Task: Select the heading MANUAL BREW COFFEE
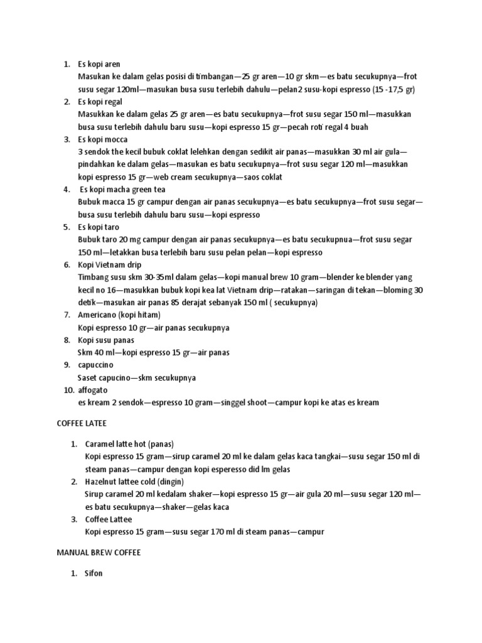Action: pos(99,552)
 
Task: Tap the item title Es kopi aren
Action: pos(99,64)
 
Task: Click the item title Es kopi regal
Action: pos(100,102)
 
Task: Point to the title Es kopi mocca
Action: pos(102,139)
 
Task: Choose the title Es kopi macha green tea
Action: pos(122,189)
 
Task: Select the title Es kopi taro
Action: pos(99,227)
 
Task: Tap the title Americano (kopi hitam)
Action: pos(120,315)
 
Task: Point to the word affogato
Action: pos(93,390)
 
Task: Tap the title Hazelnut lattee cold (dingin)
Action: pos(134,482)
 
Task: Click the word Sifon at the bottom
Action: pos(94,573)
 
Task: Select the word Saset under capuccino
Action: pos(87,377)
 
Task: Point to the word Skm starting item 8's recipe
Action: pos(85,352)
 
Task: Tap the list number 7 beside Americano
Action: pos(67,315)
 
